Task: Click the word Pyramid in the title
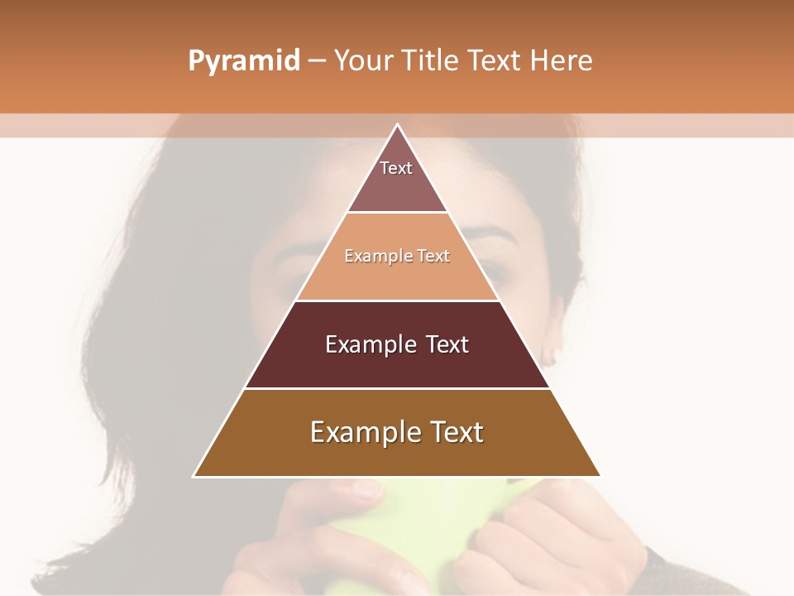(x=243, y=61)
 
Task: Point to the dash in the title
(x=316, y=61)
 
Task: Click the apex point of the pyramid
(x=397, y=125)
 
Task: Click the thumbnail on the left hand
(x=364, y=490)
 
